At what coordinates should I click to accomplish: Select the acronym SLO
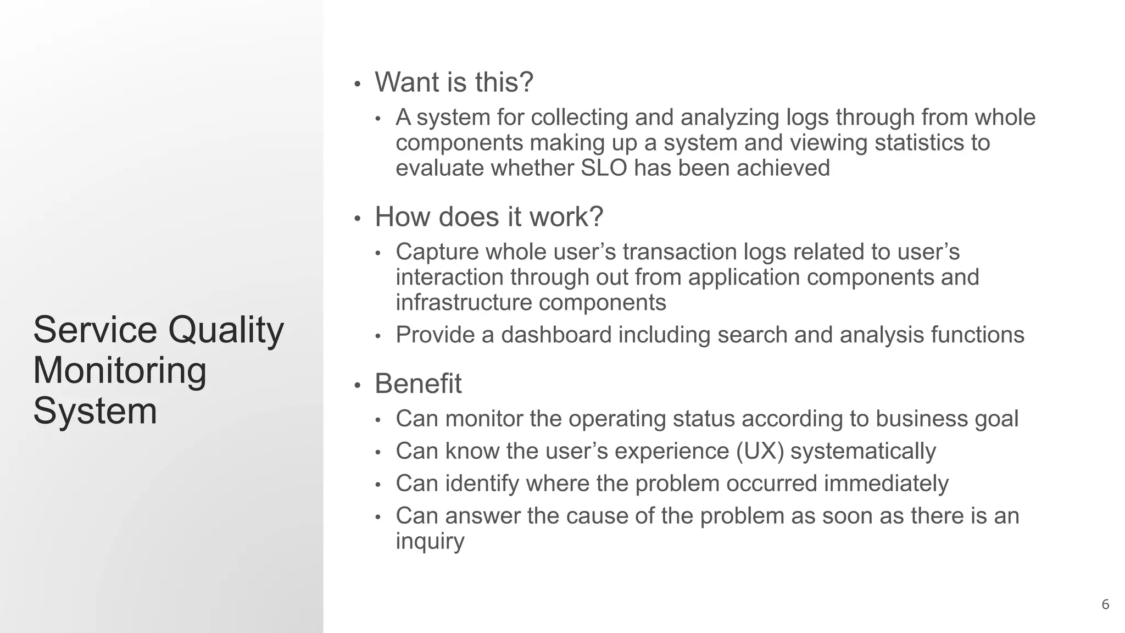(604, 168)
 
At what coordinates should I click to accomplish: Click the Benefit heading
(417, 384)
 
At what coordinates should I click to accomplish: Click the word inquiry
(430, 541)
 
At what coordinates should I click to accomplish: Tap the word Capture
(436, 252)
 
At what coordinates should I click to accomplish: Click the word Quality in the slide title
(226, 330)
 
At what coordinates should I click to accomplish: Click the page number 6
(1105, 604)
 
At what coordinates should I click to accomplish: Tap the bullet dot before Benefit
(357, 386)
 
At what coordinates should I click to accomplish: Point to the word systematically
(862, 451)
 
